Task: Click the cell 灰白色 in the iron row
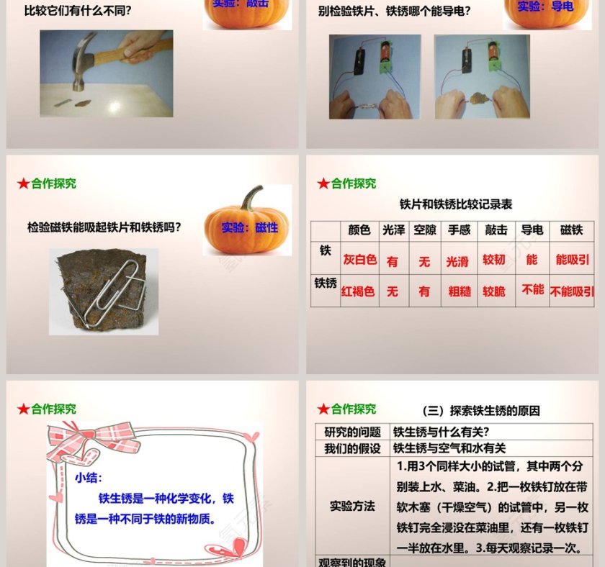click(x=359, y=260)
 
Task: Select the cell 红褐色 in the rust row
click(x=359, y=291)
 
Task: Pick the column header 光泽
click(x=393, y=230)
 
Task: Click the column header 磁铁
click(x=571, y=230)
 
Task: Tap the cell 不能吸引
click(x=572, y=291)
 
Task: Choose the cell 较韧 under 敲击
click(x=494, y=260)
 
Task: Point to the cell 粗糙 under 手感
click(x=459, y=291)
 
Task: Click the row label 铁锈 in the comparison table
click(x=325, y=283)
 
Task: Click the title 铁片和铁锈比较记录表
click(x=456, y=204)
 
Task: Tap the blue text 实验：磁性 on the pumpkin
click(x=249, y=228)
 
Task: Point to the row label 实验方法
click(x=352, y=507)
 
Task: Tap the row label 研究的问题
click(x=352, y=432)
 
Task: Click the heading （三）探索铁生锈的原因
click(x=480, y=411)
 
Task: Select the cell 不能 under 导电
click(x=533, y=289)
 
